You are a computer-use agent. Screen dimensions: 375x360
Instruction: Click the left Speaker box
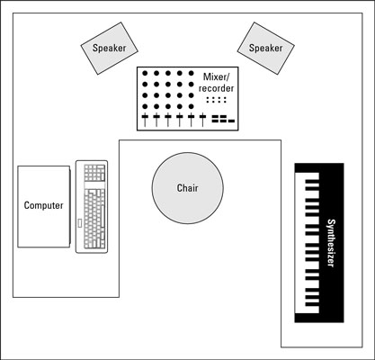[109, 48]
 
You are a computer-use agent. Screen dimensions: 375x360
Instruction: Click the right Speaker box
[266, 48]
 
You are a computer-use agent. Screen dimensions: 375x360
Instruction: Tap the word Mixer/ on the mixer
[216, 77]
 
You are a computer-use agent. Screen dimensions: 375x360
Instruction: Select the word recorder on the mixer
[216, 88]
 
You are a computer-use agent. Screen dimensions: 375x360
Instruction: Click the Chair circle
[188, 188]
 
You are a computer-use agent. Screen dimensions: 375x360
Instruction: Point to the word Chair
[188, 188]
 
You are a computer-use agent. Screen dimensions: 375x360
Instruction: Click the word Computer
[44, 205]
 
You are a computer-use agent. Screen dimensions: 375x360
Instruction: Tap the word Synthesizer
[331, 243]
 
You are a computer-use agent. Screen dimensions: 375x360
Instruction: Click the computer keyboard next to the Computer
[92, 207]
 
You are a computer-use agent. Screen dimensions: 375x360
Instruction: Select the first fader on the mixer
[145, 120]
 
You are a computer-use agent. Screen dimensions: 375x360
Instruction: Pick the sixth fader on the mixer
[203, 120]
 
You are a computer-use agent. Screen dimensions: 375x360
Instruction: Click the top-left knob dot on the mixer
[145, 73]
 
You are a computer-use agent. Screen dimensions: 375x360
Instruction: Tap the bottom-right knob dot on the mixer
[192, 106]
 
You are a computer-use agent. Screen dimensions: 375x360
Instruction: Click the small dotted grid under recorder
[216, 100]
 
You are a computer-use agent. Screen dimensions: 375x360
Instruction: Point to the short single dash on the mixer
[231, 121]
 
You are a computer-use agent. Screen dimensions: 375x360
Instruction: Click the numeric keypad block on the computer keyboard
[94, 173]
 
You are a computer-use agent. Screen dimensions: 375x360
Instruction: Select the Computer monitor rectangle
[44, 207]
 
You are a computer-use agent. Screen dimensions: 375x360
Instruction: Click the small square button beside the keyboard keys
[80, 223]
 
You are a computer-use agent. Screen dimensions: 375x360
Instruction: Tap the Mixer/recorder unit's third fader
[168, 120]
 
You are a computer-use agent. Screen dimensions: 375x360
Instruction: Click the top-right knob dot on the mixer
[192, 73]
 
